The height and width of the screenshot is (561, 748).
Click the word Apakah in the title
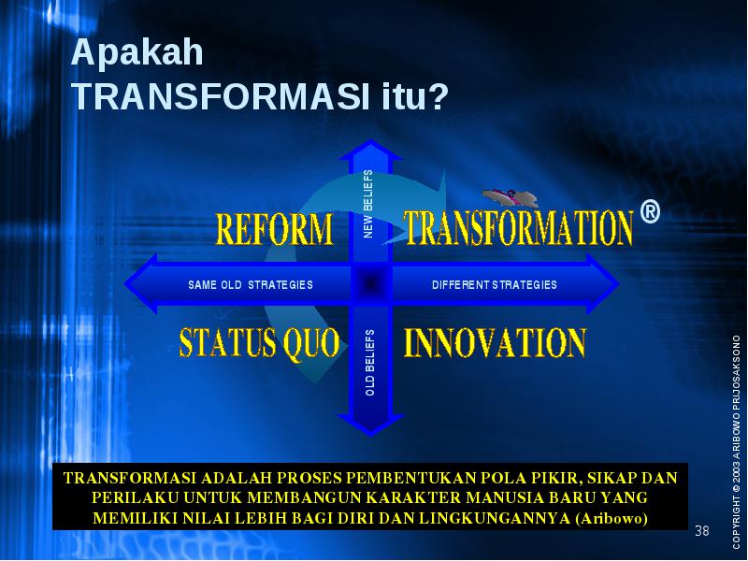pos(137,52)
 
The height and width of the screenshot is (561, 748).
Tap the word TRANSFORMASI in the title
pos(221,96)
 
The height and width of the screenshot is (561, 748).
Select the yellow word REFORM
pos(274,229)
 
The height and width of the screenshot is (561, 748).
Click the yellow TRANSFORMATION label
pos(519,228)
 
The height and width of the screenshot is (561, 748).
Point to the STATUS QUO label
pos(260,342)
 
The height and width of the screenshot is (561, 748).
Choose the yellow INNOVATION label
pos(496,342)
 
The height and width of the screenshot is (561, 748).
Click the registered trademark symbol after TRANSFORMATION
pos(650,211)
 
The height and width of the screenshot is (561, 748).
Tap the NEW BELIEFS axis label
pos(368,204)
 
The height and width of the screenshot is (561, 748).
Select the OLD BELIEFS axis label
pos(369,363)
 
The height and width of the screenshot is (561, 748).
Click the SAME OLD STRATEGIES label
pos(251,285)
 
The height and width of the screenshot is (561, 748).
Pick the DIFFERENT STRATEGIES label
pos(495,285)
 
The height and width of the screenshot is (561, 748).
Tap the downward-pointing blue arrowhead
pos(370,424)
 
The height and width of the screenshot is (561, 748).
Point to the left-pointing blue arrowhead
pos(141,284)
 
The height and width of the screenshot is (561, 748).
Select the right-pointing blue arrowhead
pos(603,284)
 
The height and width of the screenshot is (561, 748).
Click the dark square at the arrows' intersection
pos(370,284)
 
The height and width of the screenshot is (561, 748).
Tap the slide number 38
pos(702,530)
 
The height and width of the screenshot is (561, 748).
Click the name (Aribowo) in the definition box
pos(611,518)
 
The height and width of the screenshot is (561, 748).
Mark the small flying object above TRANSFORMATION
pos(510,196)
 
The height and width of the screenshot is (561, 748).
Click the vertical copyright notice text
pos(737,441)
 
